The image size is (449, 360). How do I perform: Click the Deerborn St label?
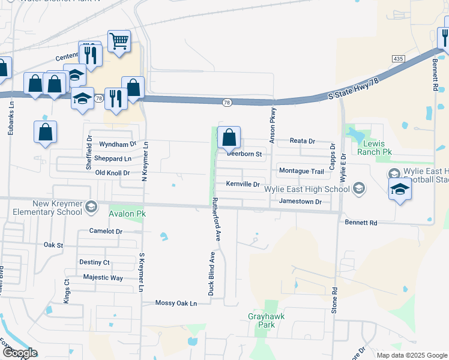tap(245, 154)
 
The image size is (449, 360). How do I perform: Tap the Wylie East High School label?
tap(307, 189)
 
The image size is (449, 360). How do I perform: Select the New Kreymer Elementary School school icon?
tap(91, 207)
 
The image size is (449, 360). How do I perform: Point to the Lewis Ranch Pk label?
tap(376, 148)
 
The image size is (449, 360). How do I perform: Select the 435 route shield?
tap(398, 58)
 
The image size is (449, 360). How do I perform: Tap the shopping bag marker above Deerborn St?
tap(229, 137)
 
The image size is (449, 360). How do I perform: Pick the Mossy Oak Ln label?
tap(176, 303)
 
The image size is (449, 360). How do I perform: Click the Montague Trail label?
tap(301, 171)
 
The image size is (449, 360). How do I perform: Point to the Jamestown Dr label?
tap(301, 202)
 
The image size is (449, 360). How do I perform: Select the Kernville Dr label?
tap(243, 184)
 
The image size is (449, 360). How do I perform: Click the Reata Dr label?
tap(303, 141)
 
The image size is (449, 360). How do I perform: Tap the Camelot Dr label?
tap(106, 231)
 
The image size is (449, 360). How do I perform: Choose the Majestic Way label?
tap(103, 277)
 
